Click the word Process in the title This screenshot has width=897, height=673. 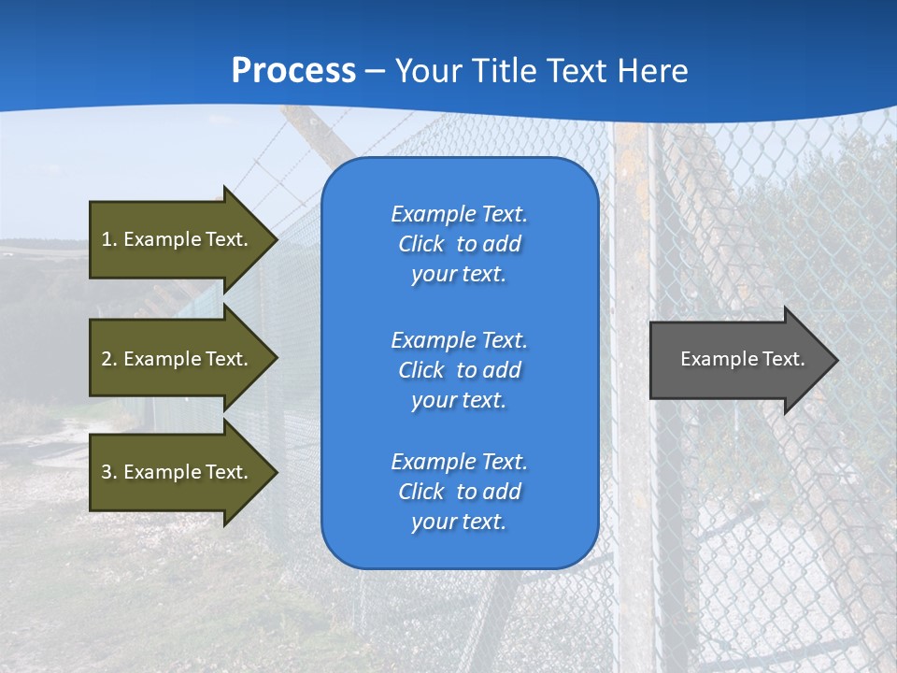(x=293, y=71)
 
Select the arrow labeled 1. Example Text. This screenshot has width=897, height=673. (x=178, y=239)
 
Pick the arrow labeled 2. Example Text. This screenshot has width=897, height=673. (x=178, y=359)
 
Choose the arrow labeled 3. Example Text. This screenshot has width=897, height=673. (x=178, y=472)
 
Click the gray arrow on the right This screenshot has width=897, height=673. (x=738, y=359)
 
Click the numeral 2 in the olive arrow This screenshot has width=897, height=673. (x=107, y=359)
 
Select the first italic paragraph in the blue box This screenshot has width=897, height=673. (x=459, y=244)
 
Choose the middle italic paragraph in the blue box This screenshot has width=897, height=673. (x=459, y=370)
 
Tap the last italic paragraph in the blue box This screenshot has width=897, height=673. (x=459, y=492)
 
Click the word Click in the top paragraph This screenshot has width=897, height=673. (x=421, y=244)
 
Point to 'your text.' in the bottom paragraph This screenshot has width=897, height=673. (x=459, y=522)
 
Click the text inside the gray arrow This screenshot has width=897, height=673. (x=742, y=359)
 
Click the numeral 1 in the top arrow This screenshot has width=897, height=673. (x=107, y=239)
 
